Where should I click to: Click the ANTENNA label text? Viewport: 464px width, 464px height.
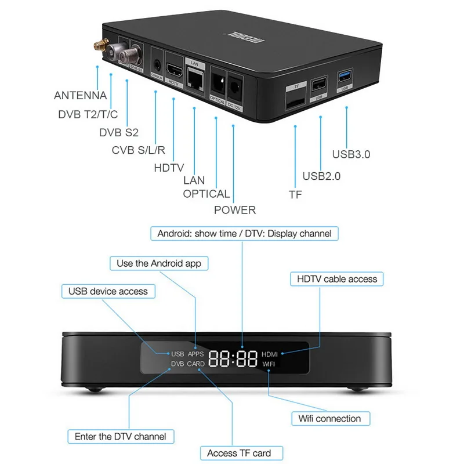80,96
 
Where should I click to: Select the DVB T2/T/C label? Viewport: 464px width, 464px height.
88,114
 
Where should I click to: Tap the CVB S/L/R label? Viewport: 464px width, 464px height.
139,151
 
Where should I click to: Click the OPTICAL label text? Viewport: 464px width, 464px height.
206,194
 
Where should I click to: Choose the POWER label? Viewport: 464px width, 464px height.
235,209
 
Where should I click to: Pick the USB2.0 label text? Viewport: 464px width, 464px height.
321,176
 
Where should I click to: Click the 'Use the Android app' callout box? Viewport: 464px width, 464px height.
159,263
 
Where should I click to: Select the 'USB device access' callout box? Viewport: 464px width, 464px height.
108,291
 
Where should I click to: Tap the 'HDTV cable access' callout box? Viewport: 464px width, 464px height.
337,279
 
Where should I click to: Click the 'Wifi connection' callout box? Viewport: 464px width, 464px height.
329,418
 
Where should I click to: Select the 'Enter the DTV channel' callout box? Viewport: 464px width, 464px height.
121,436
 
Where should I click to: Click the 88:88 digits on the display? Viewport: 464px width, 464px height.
233,358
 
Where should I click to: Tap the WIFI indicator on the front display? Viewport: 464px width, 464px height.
270,364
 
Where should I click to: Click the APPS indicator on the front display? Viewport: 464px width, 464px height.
195,353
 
